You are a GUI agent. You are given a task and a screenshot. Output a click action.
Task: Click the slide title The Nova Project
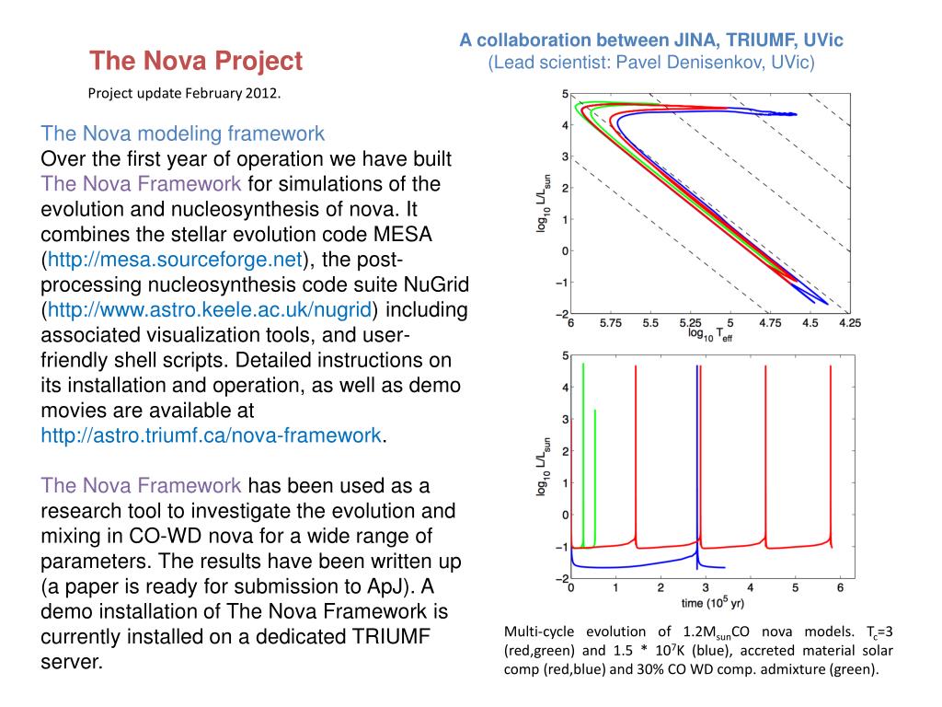(196, 62)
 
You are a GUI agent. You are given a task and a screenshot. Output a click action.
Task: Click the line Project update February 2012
(184, 93)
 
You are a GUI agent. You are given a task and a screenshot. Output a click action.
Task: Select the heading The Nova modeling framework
(183, 132)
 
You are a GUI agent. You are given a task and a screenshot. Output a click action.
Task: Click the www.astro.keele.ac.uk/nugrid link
(210, 309)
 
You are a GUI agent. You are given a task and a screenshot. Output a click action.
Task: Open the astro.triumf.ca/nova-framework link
(211, 435)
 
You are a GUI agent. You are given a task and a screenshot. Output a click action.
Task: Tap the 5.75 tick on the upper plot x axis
(610, 324)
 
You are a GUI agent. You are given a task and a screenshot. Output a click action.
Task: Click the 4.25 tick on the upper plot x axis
(849, 324)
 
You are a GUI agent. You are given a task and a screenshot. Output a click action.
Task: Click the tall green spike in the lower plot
(583, 442)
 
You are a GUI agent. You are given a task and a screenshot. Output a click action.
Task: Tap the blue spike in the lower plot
(696, 442)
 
